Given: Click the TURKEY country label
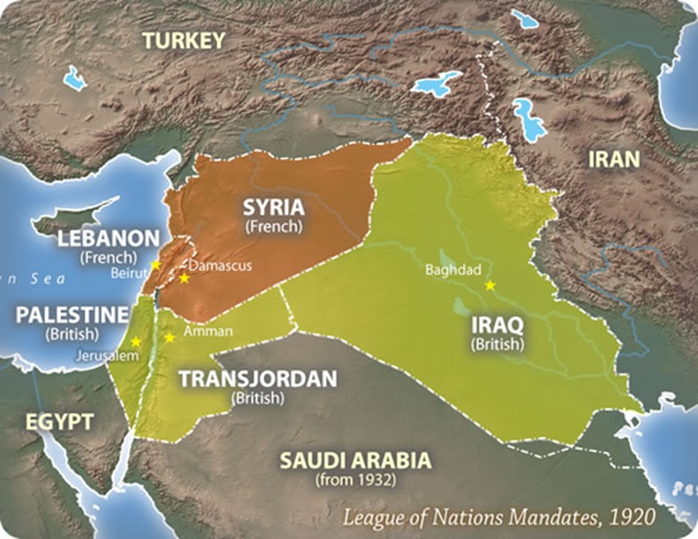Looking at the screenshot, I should (184, 40).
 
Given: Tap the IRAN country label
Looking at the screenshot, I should (614, 158).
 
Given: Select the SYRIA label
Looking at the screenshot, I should (276, 206).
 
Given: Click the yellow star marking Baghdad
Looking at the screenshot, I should (490, 285).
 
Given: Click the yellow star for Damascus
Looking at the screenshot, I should (184, 278).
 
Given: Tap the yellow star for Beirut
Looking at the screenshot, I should (155, 265).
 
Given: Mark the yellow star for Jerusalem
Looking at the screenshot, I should (136, 342).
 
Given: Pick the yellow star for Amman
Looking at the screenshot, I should (169, 337).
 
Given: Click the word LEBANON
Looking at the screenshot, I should (110, 239).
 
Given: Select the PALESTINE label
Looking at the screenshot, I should (72, 314).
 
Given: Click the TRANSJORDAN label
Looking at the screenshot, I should (258, 379).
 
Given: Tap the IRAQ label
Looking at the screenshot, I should (497, 325).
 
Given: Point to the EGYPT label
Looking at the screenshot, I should (60, 422).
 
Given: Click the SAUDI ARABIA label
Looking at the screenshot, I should (355, 459).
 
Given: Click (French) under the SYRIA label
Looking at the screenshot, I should (276, 225).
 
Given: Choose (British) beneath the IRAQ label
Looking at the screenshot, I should (497, 344).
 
